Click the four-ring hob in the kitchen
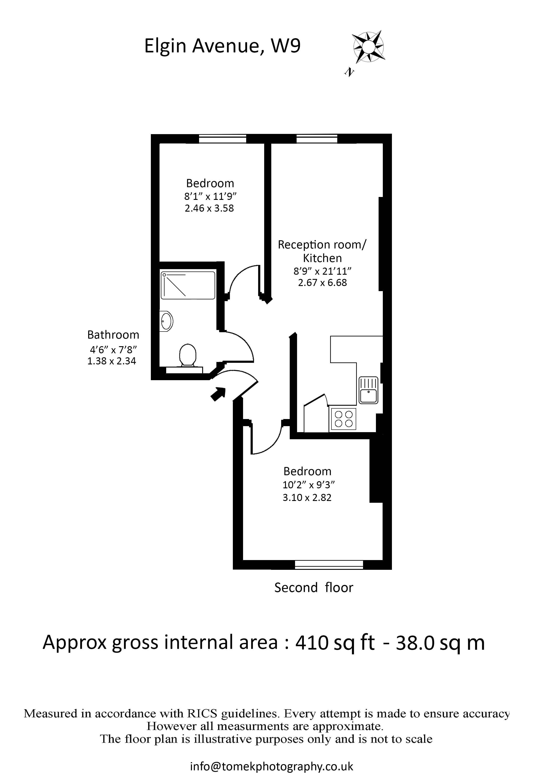pyautogui.click(x=343, y=419)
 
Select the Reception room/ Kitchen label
pyautogui.click(x=322, y=251)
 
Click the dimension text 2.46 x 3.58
pyautogui.click(x=210, y=208)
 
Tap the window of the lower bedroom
pyautogui.click(x=329, y=564)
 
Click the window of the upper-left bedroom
pyautogui.click(x=222, y=139)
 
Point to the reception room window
pyautogui.click(x=317, y=139)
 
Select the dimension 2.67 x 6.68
pyautogui.click(x=323, y=283)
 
